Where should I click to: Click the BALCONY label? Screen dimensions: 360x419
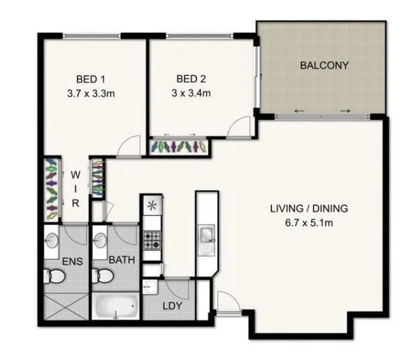coord(324,65)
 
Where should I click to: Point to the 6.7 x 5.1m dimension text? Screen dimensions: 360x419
coord(309,223)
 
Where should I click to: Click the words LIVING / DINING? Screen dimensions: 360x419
coord(309,209)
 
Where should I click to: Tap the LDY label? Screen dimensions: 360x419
coord(172,306)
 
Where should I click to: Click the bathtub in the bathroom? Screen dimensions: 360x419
coord(117,307)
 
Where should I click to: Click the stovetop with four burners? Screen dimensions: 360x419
coord(152,240)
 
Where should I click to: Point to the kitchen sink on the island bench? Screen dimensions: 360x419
coord(206,233)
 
